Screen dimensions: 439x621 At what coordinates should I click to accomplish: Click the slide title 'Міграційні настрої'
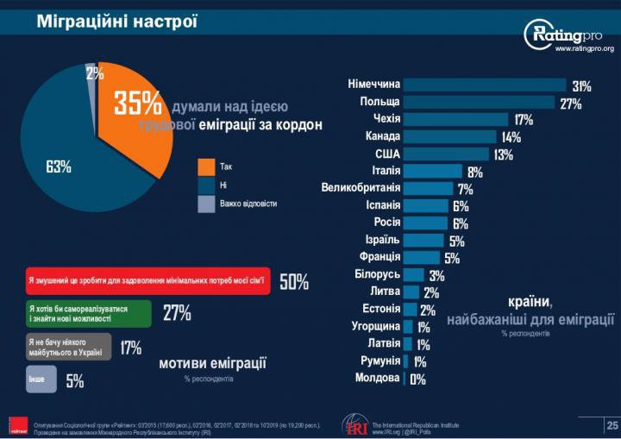[116, 20]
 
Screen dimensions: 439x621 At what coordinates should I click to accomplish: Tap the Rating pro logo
[570, 34]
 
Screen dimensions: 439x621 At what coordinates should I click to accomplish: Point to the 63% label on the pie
[58, 166]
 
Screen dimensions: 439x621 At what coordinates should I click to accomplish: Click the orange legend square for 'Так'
[205, 166]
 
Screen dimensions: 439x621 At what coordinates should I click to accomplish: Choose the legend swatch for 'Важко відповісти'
[205, 204]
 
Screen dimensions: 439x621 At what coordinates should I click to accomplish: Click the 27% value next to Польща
[570, 104]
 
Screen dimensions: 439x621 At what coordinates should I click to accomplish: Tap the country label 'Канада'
[382, 136]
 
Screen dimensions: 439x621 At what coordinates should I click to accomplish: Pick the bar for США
[448, 154]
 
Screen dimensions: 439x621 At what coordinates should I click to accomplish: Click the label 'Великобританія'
[361, 188]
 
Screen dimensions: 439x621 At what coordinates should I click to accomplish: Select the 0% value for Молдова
[417, 379]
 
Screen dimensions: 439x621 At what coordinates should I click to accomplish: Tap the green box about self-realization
[87, 313]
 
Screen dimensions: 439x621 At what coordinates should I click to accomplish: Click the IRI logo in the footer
[355, 424]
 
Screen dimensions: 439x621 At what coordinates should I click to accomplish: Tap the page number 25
[612, 424]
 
